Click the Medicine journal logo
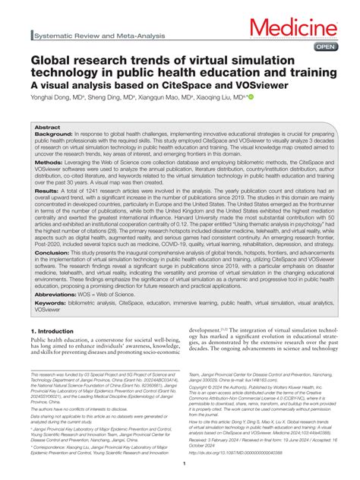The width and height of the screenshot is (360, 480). (302, 29)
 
